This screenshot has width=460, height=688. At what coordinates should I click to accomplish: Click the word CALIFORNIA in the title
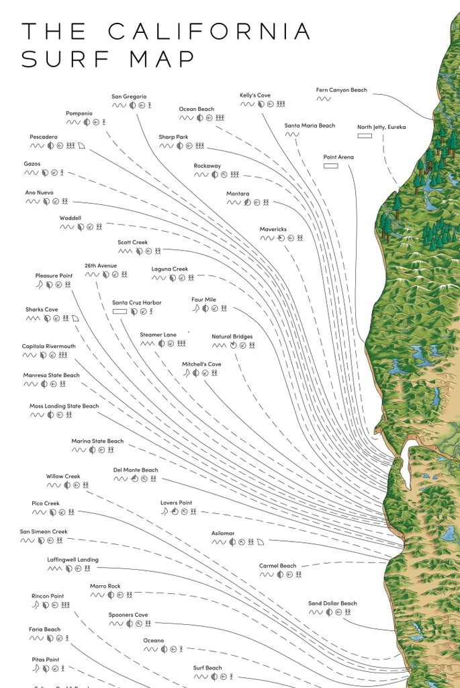point(210,32)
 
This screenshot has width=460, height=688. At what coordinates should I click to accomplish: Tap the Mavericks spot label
point(273,229)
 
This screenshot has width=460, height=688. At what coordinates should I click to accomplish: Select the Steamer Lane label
point(158,335)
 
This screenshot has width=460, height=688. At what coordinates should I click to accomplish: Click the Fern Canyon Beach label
point(341,90)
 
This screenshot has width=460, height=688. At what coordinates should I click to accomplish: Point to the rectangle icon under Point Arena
point(330,165)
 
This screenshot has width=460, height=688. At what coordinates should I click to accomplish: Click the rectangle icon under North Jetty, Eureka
point(365,136)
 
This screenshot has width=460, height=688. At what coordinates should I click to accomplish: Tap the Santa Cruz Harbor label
point(136,302)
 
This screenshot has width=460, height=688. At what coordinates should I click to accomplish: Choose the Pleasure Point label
point(54,275)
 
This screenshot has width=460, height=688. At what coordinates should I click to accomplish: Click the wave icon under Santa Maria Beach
point(291,134)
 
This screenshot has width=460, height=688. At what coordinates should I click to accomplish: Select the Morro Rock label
point(105,586)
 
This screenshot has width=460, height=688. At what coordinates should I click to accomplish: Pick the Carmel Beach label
point(277,566)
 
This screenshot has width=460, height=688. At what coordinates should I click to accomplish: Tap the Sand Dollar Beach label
point(332,603)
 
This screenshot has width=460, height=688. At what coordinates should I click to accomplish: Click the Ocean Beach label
point(196,109)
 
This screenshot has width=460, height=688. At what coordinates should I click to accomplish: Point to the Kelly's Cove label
point(255,95)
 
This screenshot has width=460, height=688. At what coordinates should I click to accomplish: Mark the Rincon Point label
point(48,596)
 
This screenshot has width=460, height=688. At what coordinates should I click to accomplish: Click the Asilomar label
point(222,533)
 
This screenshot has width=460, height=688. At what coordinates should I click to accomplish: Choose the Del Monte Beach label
point(135,470)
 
